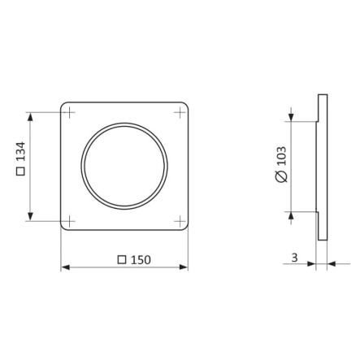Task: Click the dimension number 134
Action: point(21,151)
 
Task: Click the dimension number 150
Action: point(141,260)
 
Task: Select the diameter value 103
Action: point(282,156)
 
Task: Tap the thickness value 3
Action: point(294,258)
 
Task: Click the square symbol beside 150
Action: point(122,260)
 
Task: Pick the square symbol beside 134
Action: point(21,171)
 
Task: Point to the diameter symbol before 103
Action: point(282,176)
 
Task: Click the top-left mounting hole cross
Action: point(70,112)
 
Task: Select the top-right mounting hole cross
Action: point(180,112)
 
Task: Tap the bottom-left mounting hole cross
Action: point(70,221)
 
